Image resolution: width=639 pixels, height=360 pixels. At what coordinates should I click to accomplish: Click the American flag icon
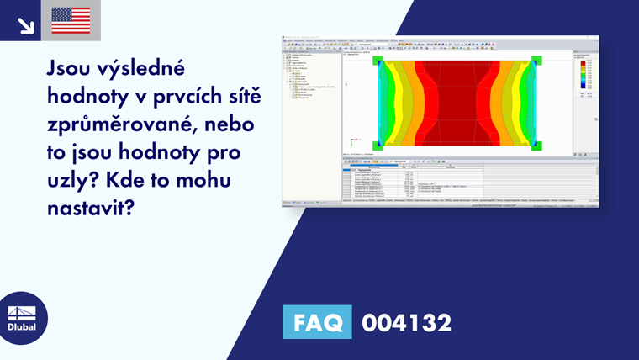pos(71,20)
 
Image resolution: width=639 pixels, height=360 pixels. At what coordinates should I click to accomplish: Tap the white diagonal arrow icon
pos(25,24)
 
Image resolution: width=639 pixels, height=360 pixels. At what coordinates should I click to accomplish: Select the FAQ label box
pos(318,322)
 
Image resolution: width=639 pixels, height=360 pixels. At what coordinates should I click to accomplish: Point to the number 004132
pos(406,322)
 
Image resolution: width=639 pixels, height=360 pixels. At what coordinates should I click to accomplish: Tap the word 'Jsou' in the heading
pos(71,66)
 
